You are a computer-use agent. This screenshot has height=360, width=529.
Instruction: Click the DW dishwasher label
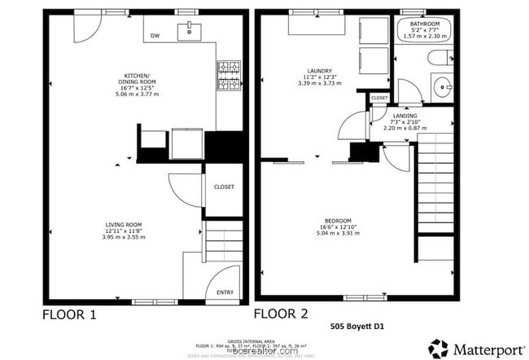coord(155,36)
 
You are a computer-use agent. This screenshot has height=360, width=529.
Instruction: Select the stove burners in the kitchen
coord(227,74)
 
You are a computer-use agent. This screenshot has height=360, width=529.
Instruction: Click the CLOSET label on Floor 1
coord(224,187)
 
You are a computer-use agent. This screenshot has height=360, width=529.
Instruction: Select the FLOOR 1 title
coord(74,314)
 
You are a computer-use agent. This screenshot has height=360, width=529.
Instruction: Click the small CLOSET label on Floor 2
coord(379,98)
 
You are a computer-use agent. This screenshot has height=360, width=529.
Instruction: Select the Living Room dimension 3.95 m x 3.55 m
coord(124,237)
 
